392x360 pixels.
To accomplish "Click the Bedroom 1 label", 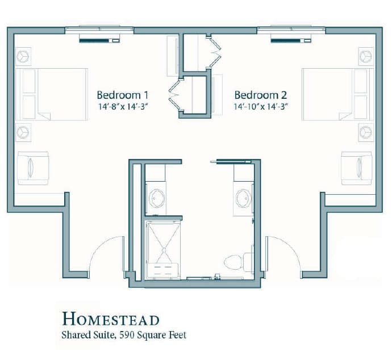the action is tap(123, 95).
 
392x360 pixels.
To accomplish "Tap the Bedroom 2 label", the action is tap(261, 95).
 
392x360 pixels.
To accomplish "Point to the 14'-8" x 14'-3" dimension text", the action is tap(122, 107).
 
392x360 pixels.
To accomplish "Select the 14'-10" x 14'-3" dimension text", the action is tap(261, 107).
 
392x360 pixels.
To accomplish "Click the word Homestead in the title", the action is tap(111, 319).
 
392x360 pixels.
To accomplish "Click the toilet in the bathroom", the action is tap(238, 262).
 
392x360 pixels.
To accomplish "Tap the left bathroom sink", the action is tap(157, 199).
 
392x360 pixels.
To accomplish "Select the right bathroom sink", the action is tap(244, 199).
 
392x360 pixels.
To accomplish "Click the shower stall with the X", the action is tap(164, 250).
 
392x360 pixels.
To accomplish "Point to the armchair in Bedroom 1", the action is tap(33, 168).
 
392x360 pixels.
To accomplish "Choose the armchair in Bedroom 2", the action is tap(357, 168).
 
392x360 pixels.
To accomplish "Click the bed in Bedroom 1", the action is tap(52, 94).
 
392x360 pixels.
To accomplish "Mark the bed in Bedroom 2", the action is tap(338, 94).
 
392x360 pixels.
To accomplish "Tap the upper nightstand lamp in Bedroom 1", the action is tap(23, 57).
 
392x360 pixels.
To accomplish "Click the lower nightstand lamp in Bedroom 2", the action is tap(366, 132).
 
